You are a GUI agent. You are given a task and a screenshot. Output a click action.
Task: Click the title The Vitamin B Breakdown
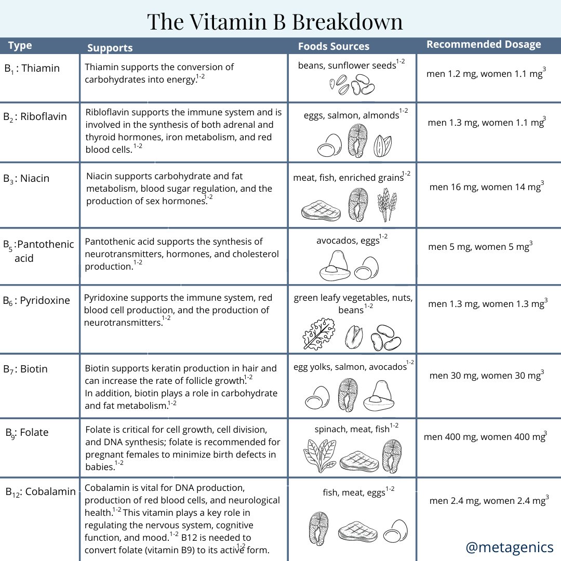pos(275,22)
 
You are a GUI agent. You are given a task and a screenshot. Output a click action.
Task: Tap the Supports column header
pos(110,48)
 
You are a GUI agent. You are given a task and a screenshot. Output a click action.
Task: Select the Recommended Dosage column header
pos(484,45)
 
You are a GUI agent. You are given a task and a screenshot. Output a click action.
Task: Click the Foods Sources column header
pos(333,46)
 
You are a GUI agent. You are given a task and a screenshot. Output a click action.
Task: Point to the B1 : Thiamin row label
pos(32,69)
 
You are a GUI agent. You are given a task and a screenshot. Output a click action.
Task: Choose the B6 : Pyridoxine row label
pos(36,301)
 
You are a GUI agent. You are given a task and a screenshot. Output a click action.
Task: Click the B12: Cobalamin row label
pos(41,491)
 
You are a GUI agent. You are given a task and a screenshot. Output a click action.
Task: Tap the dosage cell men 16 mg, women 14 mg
pos(486,187)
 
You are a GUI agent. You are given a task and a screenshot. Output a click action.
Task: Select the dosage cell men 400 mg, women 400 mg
pos(485,437)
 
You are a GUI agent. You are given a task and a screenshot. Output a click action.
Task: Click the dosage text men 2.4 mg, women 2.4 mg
pos(489,501)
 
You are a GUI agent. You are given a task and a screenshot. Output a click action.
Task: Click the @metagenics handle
pos(510,547)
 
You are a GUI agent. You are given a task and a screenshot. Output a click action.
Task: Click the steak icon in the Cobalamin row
pos(357,531)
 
